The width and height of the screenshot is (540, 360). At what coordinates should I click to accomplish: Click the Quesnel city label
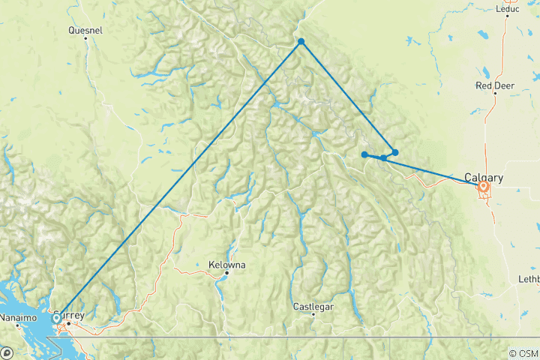(x=85, y=31)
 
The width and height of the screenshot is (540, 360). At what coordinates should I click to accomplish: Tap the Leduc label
(x=508, y=9)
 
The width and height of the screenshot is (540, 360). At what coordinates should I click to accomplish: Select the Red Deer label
(x=494, y=85)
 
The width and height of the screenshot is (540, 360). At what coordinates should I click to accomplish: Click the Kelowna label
(x=226, y=265)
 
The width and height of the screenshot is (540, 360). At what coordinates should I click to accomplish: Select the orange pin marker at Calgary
(x=484, y=187)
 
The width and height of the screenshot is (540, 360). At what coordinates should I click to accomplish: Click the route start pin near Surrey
(x=57, y=319)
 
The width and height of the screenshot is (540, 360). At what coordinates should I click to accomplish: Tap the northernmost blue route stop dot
(x=301, y=41)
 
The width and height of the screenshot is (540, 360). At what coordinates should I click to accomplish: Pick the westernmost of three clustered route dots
(x=364, y=154)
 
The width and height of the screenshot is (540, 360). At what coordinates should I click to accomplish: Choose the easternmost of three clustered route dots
(x=395, y=152)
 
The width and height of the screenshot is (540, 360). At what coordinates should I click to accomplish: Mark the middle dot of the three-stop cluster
(x=384, y=157)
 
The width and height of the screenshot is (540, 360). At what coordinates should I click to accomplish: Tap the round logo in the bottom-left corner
(x=6, y=352)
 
